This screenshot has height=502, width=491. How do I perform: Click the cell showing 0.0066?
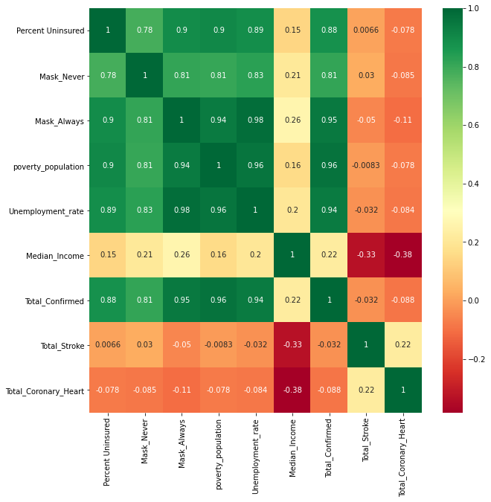point(366,30)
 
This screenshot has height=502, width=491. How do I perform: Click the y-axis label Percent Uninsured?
point(50,30)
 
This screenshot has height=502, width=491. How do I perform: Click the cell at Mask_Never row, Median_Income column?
point(292,76)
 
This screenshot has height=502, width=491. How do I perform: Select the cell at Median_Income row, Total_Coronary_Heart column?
point(403,255)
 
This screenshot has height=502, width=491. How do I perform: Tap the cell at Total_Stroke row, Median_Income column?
point(292,345)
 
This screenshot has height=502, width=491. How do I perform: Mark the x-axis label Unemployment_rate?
point(255,453)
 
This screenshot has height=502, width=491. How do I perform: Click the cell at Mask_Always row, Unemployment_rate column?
point(255,120)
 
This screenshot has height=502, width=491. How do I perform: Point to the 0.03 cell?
point(366,76)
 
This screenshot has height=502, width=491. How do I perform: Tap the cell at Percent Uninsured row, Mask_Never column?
point(144,30)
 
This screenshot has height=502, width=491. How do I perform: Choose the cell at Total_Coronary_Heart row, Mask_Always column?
point(182,390)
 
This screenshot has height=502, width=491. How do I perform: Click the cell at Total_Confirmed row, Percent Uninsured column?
point(107,300)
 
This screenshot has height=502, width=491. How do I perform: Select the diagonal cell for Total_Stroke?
point(366,345)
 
